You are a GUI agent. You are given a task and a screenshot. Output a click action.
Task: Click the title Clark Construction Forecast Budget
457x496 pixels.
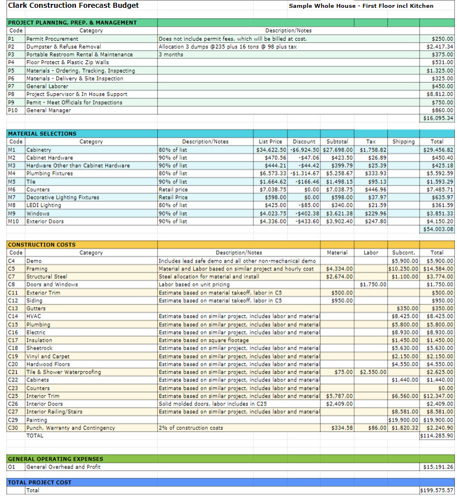pos(73,6)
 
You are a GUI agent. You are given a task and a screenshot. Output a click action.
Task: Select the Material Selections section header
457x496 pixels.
pos(42,134)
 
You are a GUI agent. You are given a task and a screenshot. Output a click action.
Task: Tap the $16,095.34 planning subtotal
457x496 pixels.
pos(438,118)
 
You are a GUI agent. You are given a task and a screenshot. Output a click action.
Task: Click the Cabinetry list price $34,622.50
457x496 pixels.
pos(271,150)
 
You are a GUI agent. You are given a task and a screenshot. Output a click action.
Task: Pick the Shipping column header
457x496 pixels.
pos(403,142)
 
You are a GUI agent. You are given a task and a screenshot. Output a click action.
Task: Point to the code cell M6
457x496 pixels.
pos(12,189)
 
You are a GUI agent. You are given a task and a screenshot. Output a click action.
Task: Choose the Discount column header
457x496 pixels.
pos(304,142)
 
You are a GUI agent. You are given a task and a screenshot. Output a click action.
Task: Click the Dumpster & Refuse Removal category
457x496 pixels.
pos(64,46)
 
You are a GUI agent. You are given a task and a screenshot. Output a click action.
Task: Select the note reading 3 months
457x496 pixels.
pos(171,54)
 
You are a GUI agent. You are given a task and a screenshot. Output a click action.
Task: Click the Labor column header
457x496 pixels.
pos(371,252)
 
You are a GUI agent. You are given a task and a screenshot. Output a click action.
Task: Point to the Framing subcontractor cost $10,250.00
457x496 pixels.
pos(403,269)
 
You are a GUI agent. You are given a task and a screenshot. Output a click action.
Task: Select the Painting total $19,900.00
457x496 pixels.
pos(438,420)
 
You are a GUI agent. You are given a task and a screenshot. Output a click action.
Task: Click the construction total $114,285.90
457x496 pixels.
pos(437,436)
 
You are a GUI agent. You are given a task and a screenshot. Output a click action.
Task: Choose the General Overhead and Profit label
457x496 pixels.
pos(63,467)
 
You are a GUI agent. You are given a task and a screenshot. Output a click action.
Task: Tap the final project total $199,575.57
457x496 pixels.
pos(437,490)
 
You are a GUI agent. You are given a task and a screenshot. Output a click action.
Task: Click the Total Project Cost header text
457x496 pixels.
pos(40,483)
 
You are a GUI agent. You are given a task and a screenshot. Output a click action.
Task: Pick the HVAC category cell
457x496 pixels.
pos(33,316)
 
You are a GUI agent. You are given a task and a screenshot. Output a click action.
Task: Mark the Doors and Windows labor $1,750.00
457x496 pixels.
pos(373,285)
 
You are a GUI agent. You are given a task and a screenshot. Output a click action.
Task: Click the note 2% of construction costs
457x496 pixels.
pos(191,428)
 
